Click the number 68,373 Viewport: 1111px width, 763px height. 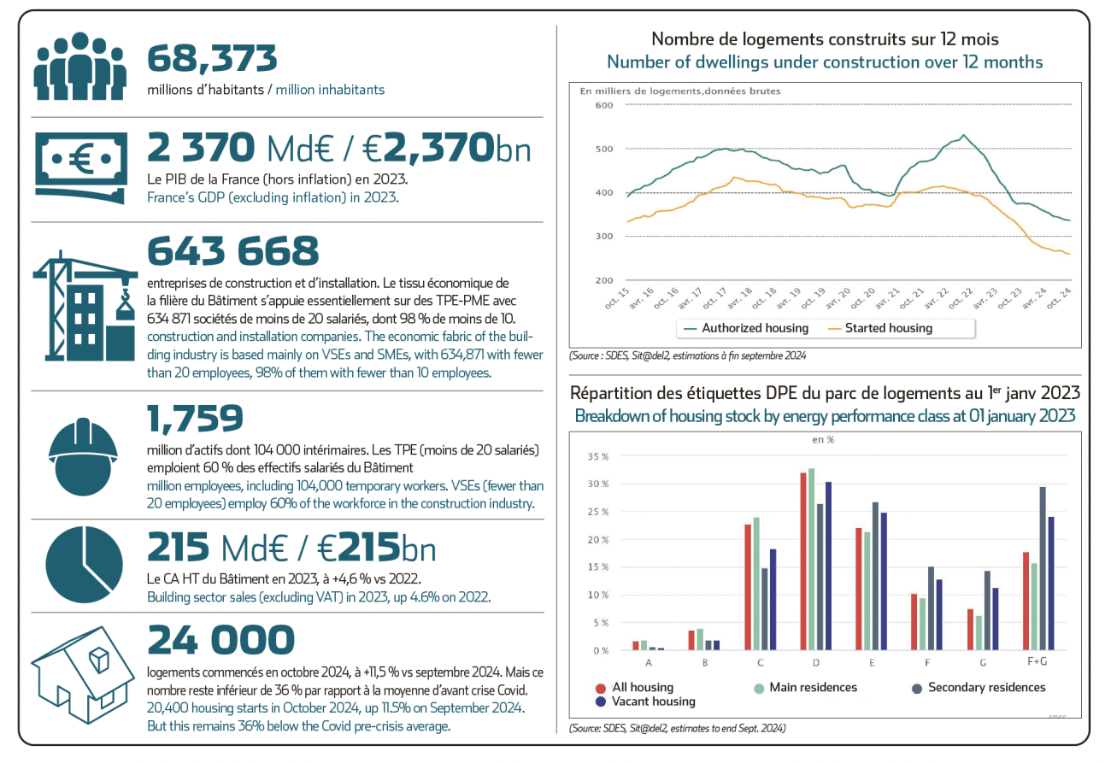coord(212,59)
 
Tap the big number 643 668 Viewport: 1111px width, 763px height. coord(233,251)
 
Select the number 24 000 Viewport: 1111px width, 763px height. coord(220,640)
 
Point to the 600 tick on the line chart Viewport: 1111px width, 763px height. coord(604,105)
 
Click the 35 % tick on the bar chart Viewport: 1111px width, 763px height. coord(598,456)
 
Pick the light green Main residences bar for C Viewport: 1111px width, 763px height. coord(755,584)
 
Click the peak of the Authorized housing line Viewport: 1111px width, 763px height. coord(963,135)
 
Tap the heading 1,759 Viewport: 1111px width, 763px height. coord(195,419)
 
